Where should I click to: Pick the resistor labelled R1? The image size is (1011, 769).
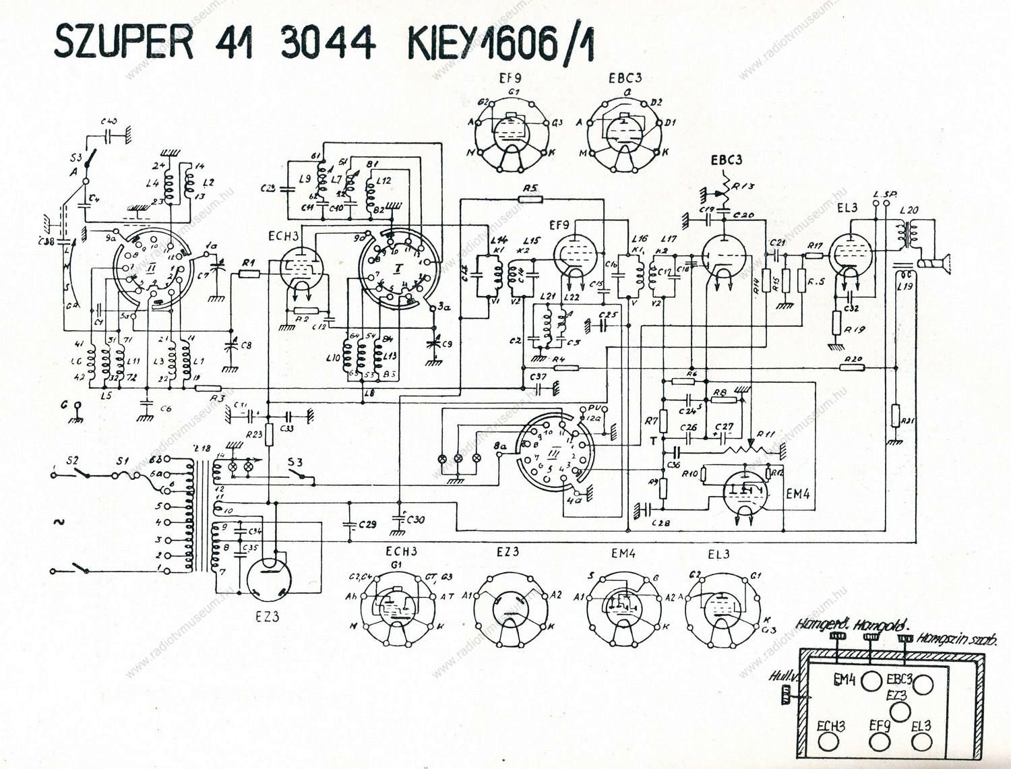click(249, 274)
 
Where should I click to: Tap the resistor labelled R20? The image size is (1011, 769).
click(853, 367)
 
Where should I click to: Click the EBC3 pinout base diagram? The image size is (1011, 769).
click(624, 132)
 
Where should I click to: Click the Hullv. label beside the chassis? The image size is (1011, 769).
click(782, 675)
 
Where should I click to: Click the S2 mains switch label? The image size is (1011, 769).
click(72, 461)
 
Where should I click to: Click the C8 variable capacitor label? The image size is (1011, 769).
click(247, 346)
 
